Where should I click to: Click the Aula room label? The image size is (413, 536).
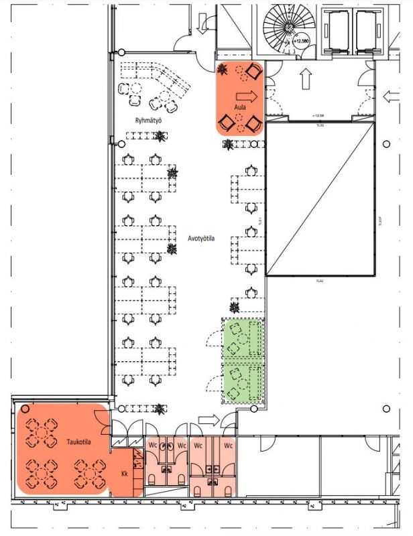238,107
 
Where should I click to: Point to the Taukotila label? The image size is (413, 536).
78,442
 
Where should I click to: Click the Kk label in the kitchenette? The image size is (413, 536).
124,474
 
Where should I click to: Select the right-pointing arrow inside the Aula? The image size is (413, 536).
245,95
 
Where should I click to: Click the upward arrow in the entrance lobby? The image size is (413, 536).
306,78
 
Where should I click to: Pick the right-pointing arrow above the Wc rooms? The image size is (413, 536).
209,420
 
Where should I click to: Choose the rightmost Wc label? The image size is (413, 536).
228,445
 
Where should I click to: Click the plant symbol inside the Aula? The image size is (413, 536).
223,69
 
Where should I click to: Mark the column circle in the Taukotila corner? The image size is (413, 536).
25,409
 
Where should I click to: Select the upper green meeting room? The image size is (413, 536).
243,339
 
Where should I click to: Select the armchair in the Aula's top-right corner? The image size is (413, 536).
253,70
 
